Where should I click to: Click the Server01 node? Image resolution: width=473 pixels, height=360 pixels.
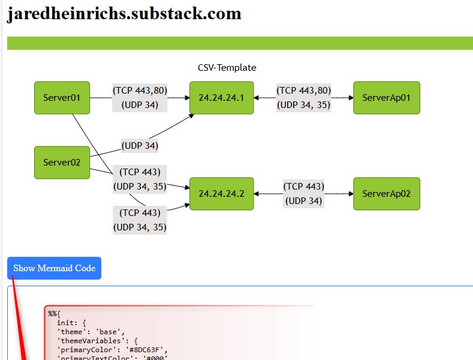[x=62, y=98]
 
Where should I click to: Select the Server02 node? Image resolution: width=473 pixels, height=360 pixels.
[x=62, y=162]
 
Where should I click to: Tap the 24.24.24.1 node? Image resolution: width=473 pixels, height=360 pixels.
[x=221, y=98]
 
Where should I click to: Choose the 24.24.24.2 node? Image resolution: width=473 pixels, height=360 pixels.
[x=221, y=194]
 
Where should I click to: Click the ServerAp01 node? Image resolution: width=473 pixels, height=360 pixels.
[x=386, y=98]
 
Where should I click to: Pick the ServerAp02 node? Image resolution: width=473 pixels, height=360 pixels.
[x=386, y=194]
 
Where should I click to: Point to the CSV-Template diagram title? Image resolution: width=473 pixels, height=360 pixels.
[x=227, y=68]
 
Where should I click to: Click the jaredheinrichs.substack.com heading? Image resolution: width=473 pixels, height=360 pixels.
[x=124, y=14]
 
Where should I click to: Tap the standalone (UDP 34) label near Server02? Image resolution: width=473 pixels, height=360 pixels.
[x=140, y=145]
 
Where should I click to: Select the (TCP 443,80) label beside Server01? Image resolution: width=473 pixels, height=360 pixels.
[x=140, y=91]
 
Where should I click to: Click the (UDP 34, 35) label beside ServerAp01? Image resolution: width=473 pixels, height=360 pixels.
[x=303, y=104]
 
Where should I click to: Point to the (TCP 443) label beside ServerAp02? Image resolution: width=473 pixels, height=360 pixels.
[x=303, y=187]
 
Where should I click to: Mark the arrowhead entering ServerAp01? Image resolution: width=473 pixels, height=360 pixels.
[x=350, y=98]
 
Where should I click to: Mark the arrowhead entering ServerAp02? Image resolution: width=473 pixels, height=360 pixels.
[x=350, y=194]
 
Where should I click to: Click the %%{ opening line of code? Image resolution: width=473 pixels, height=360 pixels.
[x=55, y=313]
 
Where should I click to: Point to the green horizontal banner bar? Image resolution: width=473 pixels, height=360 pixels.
[x=240, y=43]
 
